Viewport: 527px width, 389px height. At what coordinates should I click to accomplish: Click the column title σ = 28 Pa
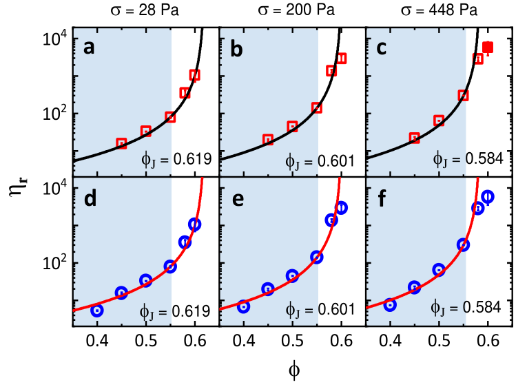(145, 10)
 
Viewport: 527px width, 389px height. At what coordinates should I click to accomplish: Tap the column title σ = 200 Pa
(296, 10)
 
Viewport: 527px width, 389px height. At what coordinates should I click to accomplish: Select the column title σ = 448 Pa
(439, 10)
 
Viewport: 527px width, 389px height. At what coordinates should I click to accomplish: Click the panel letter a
(89, 48)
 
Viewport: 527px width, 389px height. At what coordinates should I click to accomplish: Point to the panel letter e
(238, 199)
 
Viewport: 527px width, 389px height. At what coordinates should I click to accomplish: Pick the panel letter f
(382, 198)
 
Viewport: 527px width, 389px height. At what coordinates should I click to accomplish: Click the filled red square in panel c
(488, 48)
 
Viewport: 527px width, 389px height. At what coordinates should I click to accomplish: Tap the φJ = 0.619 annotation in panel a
(177, 159)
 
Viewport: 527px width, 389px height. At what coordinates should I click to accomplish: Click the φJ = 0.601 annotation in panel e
(320, 309)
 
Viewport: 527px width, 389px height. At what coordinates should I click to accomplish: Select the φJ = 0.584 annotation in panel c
(468, 158)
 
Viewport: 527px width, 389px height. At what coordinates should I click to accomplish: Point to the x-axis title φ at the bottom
(294, 370)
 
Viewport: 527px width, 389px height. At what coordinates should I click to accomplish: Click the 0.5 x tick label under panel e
(292, 341)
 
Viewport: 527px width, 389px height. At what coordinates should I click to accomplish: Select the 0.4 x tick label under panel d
(97, 341)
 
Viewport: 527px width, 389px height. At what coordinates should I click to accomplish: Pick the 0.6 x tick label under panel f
(488, 341)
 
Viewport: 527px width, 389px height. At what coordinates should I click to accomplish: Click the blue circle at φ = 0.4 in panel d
(97, 310)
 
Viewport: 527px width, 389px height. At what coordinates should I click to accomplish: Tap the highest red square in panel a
(194, 75)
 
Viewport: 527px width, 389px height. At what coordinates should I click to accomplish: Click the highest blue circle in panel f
(488, 196)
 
